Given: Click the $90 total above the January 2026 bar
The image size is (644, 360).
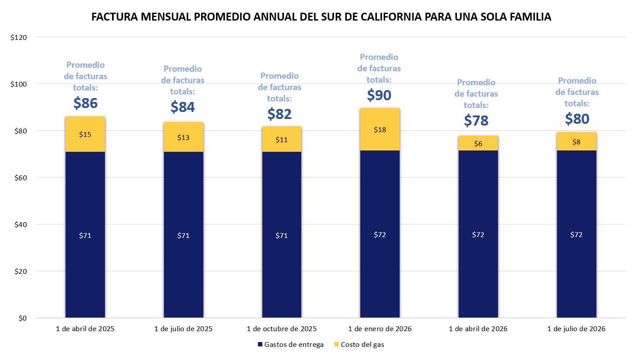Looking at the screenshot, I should click(379, 95).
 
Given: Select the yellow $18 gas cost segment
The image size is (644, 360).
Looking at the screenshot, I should click(380, 129).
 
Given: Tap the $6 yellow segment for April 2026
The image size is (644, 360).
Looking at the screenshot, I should click(478, 143).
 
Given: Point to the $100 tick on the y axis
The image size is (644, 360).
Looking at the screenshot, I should click(18, 84).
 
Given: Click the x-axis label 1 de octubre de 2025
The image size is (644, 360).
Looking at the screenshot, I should click(282, 329).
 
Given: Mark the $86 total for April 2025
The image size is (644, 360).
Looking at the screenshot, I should click(85, 103).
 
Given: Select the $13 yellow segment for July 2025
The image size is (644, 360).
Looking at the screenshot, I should click(183, 137).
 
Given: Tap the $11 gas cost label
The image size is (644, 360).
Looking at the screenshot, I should click(282, 140).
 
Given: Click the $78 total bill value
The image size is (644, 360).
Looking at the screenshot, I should click(476, 120).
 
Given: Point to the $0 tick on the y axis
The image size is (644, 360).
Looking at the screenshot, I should click(22, 318).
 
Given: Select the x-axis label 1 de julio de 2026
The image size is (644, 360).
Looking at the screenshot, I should click(576, 329).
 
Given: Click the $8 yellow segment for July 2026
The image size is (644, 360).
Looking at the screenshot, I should click(576, 142).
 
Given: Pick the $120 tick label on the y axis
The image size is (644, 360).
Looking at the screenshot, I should click(18, 38).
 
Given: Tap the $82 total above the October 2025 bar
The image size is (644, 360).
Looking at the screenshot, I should click(279, 114).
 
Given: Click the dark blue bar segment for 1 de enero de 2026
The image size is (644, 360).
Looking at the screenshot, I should click(380, 234).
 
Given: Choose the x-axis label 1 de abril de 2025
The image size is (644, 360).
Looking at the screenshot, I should click(85, 329).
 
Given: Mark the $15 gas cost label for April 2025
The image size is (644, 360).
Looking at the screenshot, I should click(85, 134).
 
